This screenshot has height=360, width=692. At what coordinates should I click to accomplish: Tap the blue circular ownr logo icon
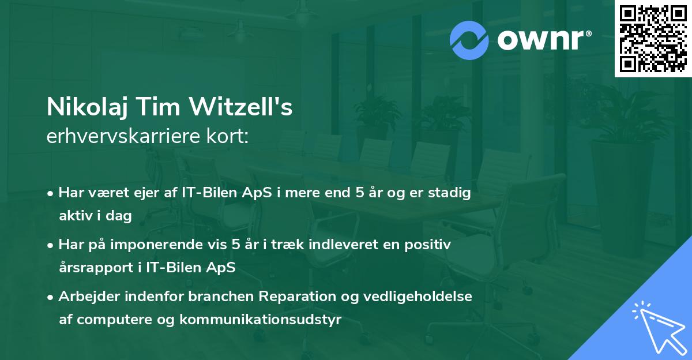tap(469, 40)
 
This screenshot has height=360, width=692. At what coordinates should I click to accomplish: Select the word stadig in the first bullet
tap(452, 193)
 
